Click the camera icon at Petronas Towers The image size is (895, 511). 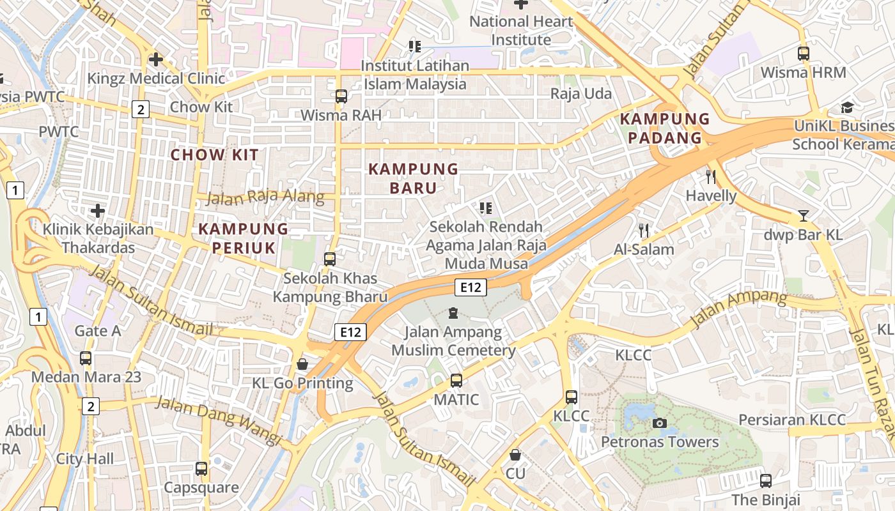(659, 423)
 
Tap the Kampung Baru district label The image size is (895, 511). (414, 178)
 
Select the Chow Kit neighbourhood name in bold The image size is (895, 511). (215, 155)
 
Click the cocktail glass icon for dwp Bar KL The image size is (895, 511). (804, 216)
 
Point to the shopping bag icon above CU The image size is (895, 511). (515, 455)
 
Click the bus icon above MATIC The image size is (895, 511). (456, 381)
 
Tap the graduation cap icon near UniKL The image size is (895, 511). (847, 107)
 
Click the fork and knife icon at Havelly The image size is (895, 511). (711, 177)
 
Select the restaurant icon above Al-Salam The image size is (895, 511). (644, 231)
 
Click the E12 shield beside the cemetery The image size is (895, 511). (471, 287)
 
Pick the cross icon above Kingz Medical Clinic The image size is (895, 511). (155, 59)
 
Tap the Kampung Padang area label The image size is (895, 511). (665, 128)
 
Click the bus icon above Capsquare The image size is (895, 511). (201, 469)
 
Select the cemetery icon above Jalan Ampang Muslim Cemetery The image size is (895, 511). (453, 313)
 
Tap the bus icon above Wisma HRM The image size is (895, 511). (804, 54)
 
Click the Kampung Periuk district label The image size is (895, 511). (244, 238)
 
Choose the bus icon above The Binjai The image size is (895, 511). (765, 480)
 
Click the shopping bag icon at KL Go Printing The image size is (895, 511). (302, 364)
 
